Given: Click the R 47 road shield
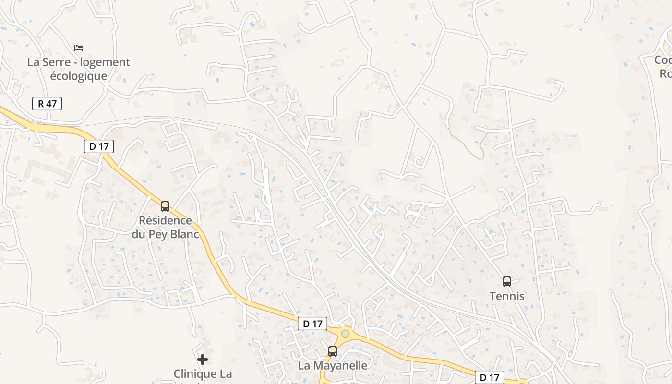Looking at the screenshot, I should click(47, 103).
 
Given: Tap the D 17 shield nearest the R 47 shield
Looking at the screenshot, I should click(99, 146).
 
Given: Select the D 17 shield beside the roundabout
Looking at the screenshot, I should click(312, 324).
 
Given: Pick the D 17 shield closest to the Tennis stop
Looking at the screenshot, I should click(490, 377).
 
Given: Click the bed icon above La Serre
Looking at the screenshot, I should click(79, 48).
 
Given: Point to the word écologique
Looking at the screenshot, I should click(78, 76).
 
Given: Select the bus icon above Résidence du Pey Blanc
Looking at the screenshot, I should click(165, 206).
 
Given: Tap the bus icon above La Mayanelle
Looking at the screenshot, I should click(333, 351).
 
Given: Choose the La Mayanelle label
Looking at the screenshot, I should click(333, 365).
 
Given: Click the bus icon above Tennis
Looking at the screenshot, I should click(507, 282).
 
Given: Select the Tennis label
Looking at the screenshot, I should click(507, 296).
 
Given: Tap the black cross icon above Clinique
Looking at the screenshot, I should click(203, 359).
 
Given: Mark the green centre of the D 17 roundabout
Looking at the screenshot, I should click(345, 333).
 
